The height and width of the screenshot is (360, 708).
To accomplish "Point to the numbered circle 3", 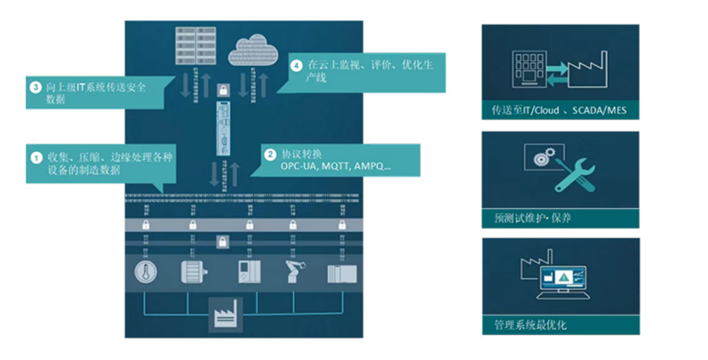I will tap(36, 88).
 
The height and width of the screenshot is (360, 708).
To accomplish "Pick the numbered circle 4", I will tap(296, 66).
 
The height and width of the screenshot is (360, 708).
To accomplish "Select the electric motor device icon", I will tap(194, 270).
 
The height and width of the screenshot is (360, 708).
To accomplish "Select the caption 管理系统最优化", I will tap(531, 324).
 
